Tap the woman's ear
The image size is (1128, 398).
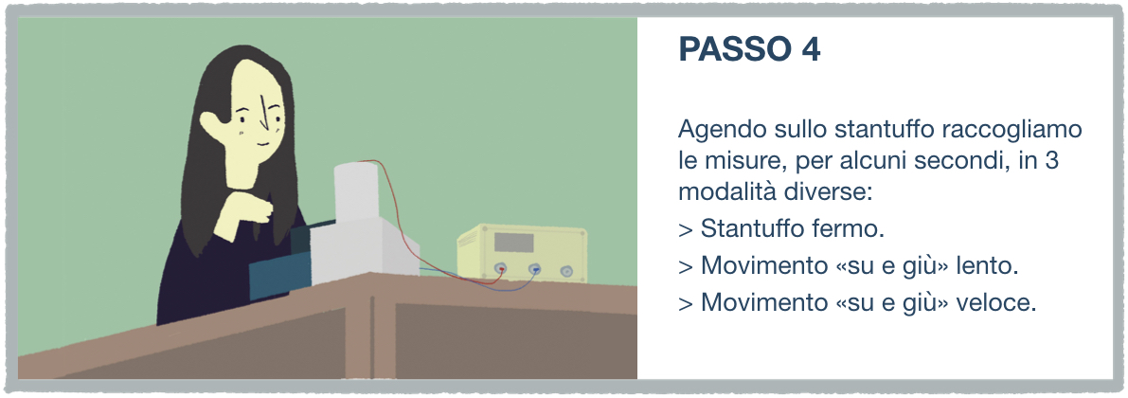211,126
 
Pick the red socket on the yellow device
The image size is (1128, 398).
501,270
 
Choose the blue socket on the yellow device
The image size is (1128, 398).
534,270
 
